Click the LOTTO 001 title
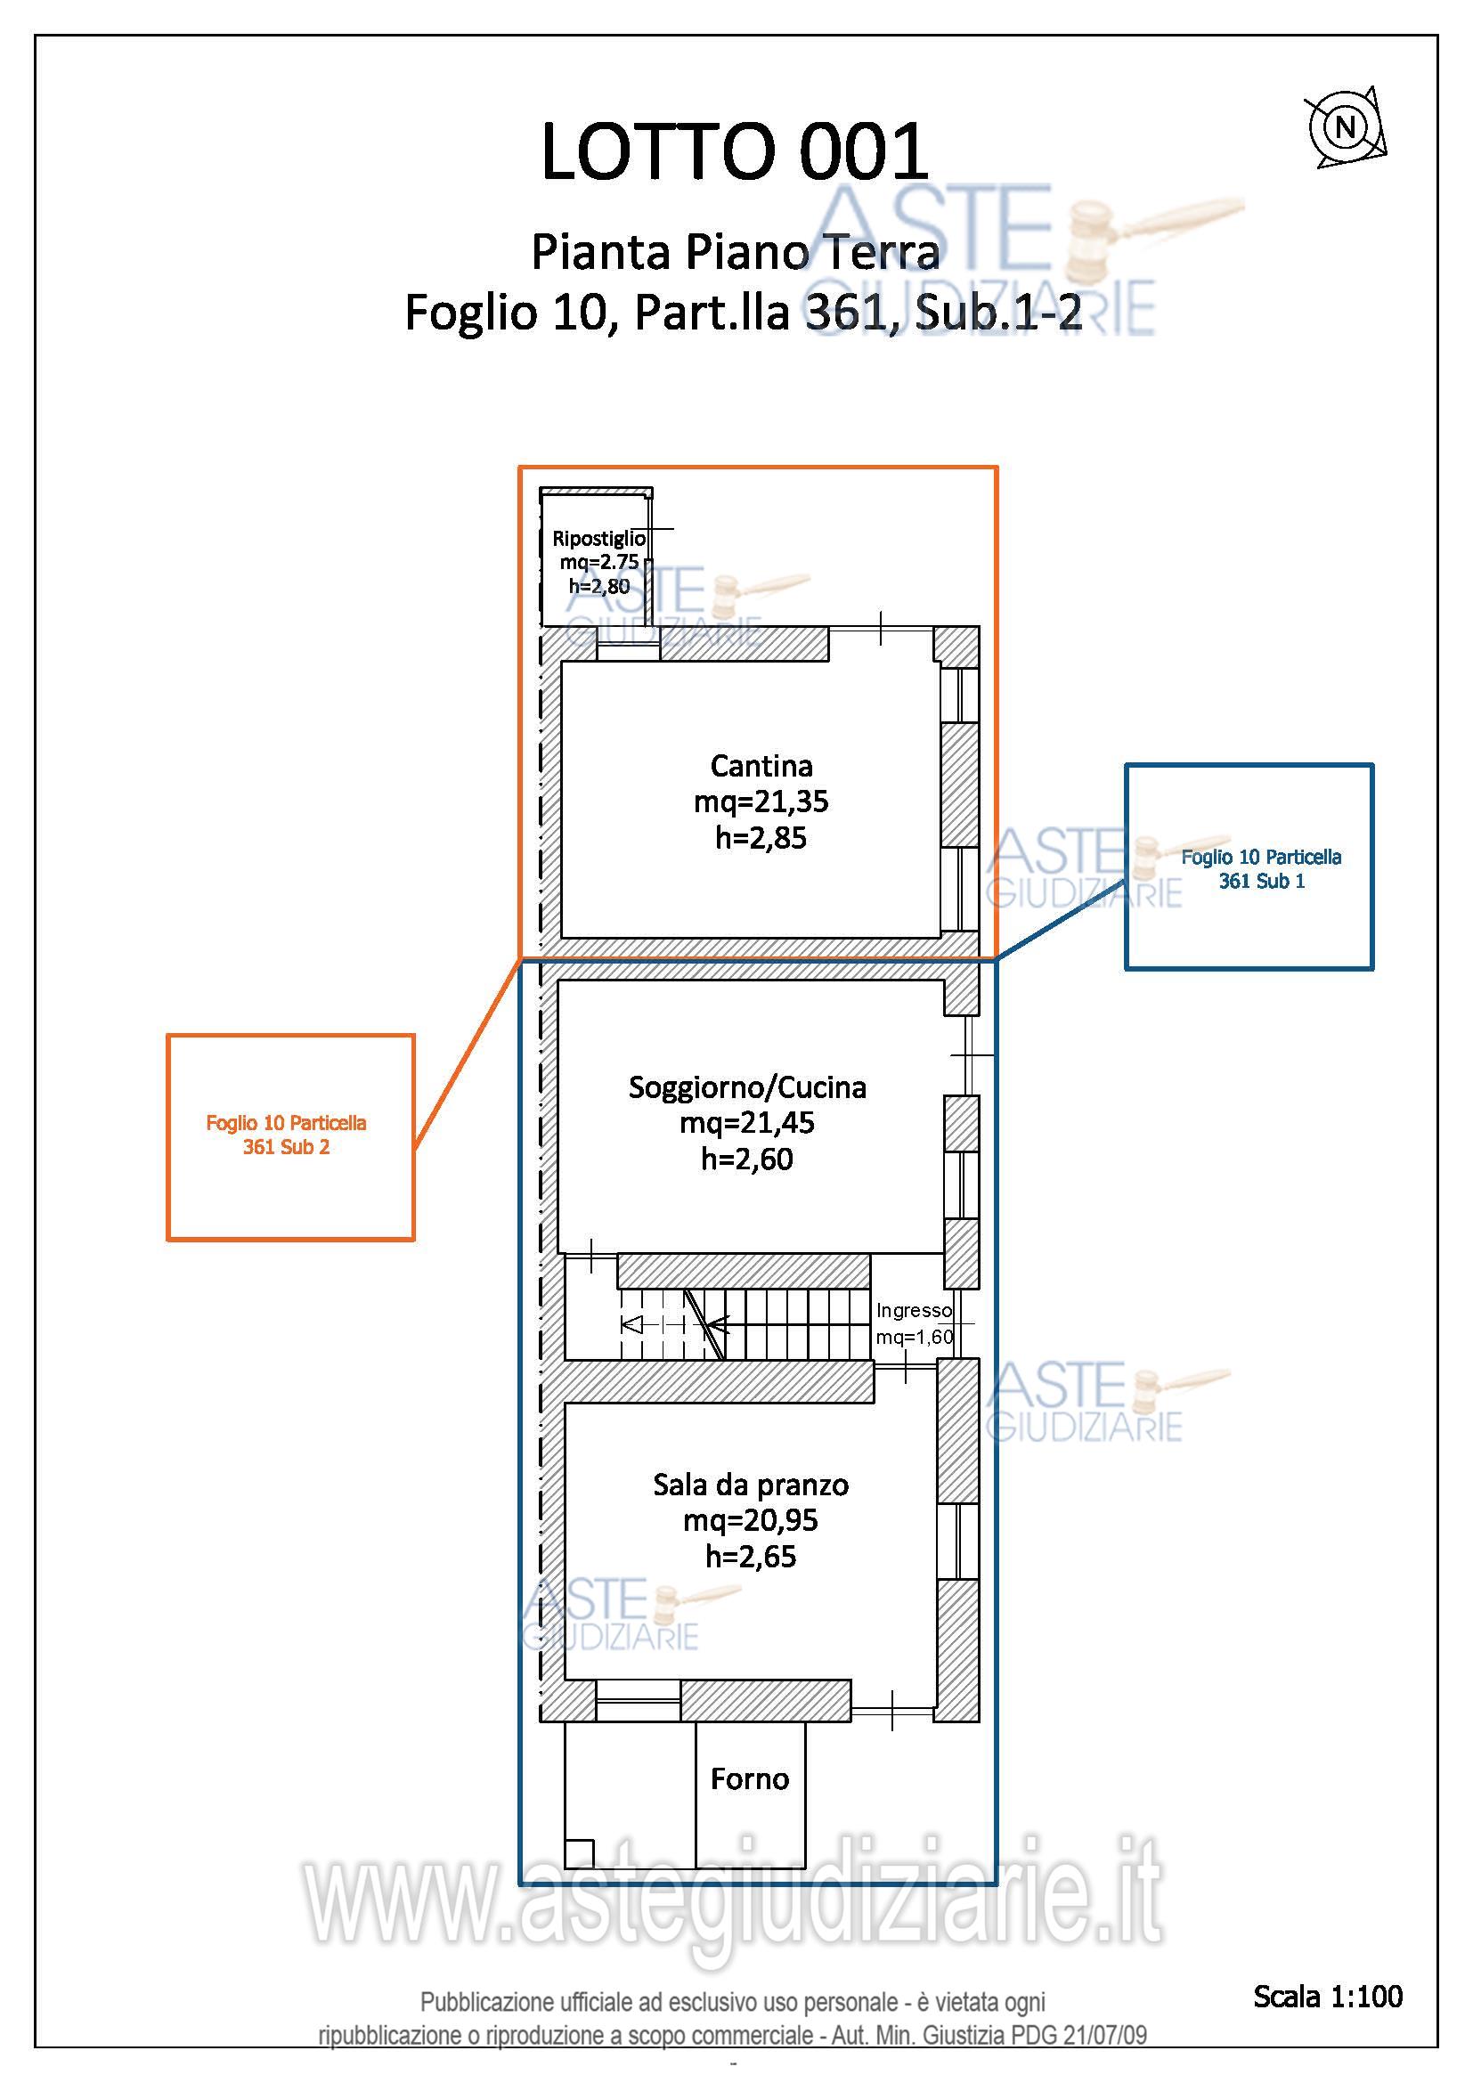point(735,151)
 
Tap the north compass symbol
point(1345,127)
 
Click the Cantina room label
point(761,767)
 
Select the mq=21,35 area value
point(761,802)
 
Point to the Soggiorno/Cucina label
point(747,1086)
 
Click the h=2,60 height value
point(747,1159)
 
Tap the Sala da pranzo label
point(751,1486)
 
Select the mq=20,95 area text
point(751,1520)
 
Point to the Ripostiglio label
point(598,539)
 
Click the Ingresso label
point(915,1310)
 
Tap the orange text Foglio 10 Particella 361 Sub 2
point(287,1135)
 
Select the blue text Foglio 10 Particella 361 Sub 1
point(1261,869)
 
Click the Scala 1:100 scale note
point(1328,1996)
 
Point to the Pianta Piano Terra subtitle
point(735,251)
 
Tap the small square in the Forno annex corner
point(579,1853)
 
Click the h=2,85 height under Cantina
point(761,838)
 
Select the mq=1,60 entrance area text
point(916,1337)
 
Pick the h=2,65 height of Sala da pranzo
point(751,1557)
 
